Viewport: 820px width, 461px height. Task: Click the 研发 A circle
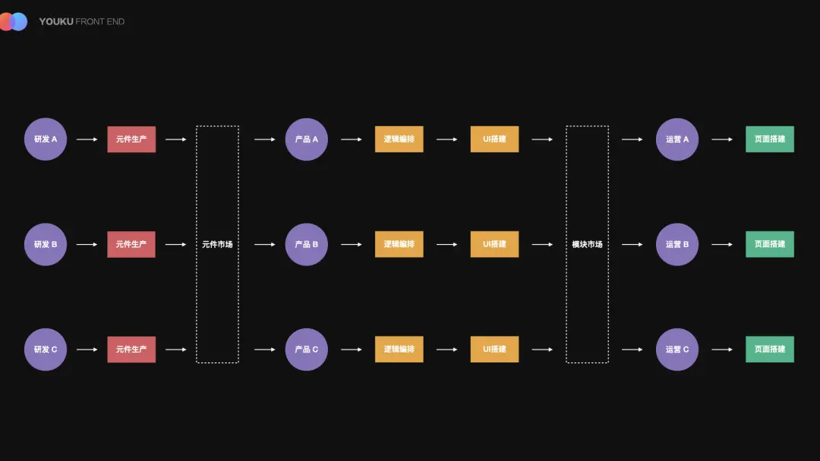click(x=46, y=140)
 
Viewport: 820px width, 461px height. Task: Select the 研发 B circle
click(x=46, y=244)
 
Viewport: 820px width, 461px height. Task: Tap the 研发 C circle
click(x=46, y=350)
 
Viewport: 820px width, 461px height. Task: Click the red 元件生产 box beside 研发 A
click(x=131, y=140)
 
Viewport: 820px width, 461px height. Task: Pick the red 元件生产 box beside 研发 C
click(x=131, y=350)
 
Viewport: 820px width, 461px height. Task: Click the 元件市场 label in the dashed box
click(x=217, y=244)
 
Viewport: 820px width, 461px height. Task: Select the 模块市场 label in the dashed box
click(x=587, y=244)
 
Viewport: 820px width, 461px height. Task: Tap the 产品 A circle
click(x=307, y=140)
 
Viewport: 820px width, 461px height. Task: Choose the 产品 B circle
click(x=307, y=244)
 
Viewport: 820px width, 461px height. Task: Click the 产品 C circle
click(x=307, y=350)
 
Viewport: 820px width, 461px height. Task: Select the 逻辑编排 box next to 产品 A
click(x=399, y=140)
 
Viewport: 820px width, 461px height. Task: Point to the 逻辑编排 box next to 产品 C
click(x=399, y=350)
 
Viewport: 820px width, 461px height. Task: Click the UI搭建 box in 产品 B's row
click(x=494, y=244)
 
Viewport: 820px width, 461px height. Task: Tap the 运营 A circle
click(x=677, y=140)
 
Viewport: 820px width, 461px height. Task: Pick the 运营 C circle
click(x=677, y=350)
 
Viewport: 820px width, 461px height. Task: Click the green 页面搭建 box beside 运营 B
click(x=769, y=244)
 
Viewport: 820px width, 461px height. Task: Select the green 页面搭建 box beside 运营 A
click(x=769, y=140)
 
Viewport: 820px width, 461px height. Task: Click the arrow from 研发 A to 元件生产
click(x=87, y=140)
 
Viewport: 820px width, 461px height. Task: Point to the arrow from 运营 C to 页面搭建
click(x=722, y=350)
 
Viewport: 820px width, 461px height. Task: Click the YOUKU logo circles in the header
click(x=13, y=22)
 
